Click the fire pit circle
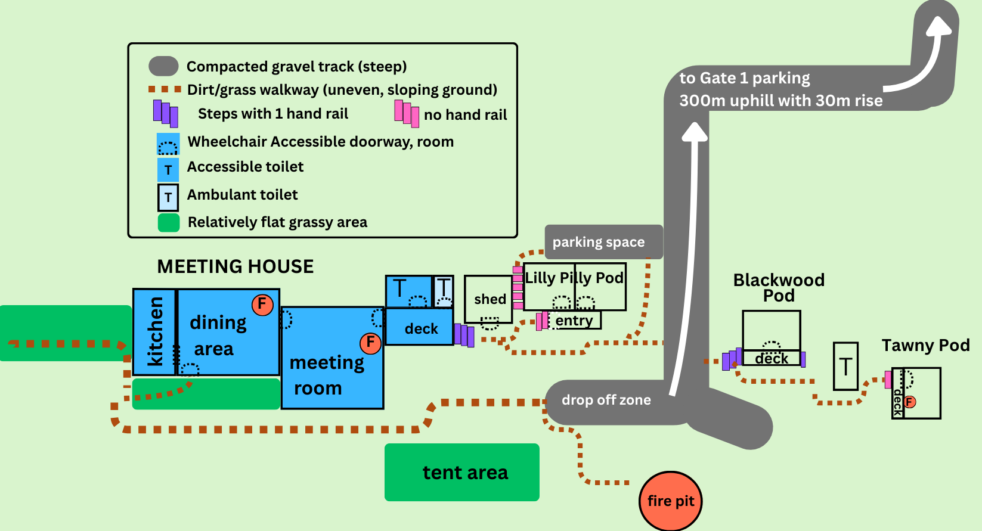click(x=670, y=501)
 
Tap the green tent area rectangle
click(x=462, y=472)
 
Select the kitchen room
click(x=154, y=332)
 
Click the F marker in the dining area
click(x=262, y=305)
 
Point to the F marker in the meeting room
click(x=370, y=343)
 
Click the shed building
click(x=488, y=299)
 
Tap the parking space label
click(x=599, y=242)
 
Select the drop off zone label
click(x=606, y=399)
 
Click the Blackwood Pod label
click(x=779, y=287)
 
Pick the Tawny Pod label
click(x=926, y=345)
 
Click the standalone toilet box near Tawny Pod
click(x=845, y=367)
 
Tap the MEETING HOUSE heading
click(x=236, y=266)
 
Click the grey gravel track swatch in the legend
click(x=163, y=66)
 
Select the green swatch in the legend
click(x=169, y=222)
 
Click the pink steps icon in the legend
click(x=407, y=113)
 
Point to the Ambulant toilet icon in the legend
click(x=168, y=198)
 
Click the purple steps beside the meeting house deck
click(x=464, y=335)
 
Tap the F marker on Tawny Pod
click(x=910, y=402)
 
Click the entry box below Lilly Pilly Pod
click(x=574, y=320)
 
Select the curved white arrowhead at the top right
click(x=938, y=27)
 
